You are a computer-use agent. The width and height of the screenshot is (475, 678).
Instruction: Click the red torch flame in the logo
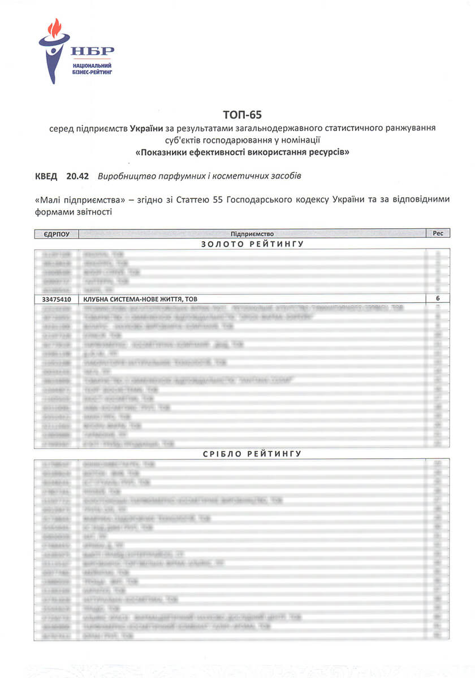click(x=55, y=28)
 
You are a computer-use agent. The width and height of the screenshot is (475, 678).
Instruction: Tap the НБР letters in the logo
click(x=92, y=51)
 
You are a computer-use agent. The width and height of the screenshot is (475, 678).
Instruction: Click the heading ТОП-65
click(x=238, y=115)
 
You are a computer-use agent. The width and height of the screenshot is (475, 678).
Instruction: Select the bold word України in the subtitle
click(x=146, y=129)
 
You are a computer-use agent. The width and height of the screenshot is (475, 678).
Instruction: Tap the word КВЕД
click(x=46, y=176)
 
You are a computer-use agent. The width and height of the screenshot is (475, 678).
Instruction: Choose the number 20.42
click(x=77, y=176)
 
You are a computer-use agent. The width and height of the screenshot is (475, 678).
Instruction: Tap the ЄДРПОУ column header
click(x=56, y=233)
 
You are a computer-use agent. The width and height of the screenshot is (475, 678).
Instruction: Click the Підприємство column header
click(x=252, y=233)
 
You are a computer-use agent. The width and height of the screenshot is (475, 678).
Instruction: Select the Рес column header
click(x=438, y=233)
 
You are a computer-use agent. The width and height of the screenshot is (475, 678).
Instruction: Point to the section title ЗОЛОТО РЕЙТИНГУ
click(x=253, y=244)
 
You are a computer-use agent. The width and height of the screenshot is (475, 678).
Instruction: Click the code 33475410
click(x=57, y=299)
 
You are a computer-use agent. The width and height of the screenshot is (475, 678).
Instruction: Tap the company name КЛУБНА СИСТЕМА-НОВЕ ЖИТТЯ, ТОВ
click(x=141, y=299)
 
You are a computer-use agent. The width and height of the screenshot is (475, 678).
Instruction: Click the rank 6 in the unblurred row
click(x=438, y=299)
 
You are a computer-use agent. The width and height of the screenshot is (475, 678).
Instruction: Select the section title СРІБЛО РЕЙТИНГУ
click(x=253, y=453)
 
